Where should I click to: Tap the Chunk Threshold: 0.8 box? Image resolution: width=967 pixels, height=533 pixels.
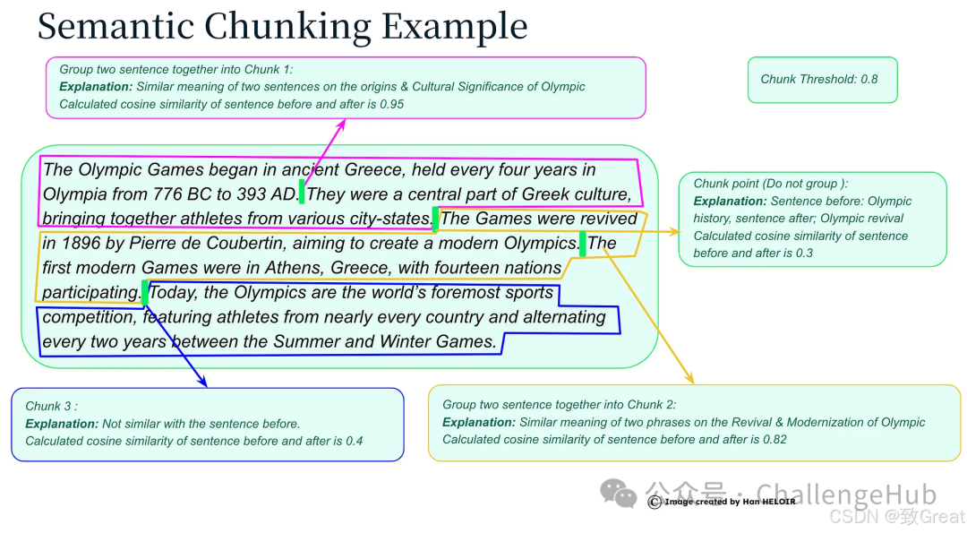(x=821, y=79)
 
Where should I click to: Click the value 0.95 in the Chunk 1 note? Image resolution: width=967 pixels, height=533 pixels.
(x=391, y=104)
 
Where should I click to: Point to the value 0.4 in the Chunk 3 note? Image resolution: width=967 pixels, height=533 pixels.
(x=354, y=441)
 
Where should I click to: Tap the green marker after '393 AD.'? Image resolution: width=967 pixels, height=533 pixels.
(x=302, y=192)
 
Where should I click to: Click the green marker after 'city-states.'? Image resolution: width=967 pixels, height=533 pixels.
(x=435, y=219)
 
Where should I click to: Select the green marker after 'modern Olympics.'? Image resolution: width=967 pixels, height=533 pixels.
(x=583, y=244)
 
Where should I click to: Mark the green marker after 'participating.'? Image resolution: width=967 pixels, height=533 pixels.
(x=144, y=291)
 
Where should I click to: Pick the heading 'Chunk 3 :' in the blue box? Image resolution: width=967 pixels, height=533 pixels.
(x=51, y=406)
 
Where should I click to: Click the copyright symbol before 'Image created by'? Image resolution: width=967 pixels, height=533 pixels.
(x=655, y=502)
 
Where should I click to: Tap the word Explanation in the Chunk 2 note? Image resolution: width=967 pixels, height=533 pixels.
(x=478, y=422)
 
